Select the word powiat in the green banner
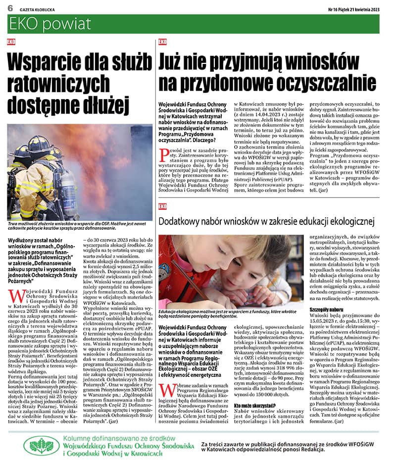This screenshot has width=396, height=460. [68, 24]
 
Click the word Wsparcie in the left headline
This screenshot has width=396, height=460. [46, 64]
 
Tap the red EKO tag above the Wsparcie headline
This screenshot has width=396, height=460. [11, 43]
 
